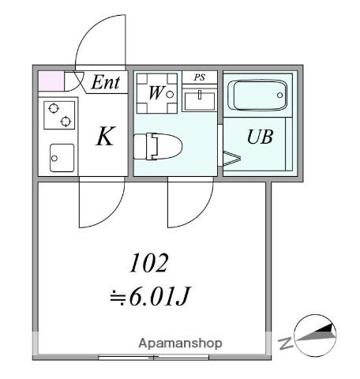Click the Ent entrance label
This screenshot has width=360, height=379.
pos(105,82)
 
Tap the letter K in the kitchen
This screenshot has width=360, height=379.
pos(105,136)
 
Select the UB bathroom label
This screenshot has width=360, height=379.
pos(260,137)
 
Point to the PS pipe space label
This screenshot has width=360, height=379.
pos(200,77)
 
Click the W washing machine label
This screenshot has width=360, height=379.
pos(156,93)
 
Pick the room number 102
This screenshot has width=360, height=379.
pos(148,263)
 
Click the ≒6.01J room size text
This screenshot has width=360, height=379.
pos(149,296)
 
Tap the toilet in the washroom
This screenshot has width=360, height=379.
pos(158,147)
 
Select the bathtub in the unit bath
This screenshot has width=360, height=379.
pos(257,96)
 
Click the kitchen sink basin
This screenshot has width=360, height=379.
pos(62,158)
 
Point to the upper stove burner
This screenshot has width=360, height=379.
pos(54,108)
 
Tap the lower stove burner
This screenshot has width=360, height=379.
pos(66,122)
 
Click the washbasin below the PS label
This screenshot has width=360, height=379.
pos(200,99)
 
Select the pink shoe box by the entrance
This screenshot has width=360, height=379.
pos(51,81)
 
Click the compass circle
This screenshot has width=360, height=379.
pos(315,336)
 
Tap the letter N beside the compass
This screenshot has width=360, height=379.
pos(286,343)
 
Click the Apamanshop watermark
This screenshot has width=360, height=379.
pos(180,343)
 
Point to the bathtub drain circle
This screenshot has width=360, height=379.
pos(279,96)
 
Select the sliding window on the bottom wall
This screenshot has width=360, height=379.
pos(154,358)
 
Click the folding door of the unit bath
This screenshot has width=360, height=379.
pos(231,158)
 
